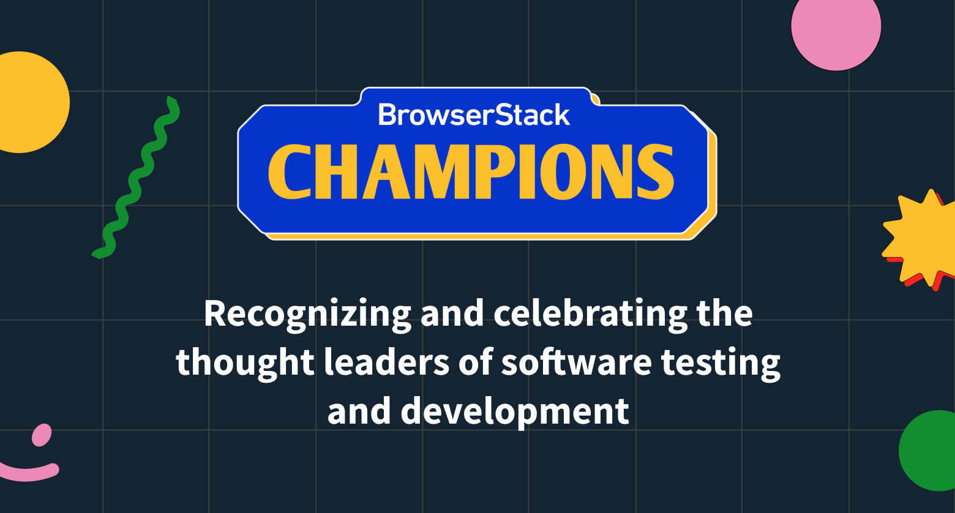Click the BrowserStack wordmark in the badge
coord(474,114)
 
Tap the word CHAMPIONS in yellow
coord(471,173)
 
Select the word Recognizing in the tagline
coord(307,313)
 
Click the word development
coord(515,411)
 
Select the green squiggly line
coord(136,178)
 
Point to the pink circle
coord(836,28)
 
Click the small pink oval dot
coord(42,435)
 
